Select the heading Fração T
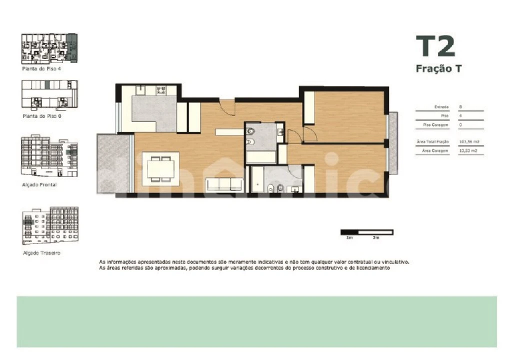pyautogui.click(x=438, y=68)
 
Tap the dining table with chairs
pyautogui.click(x=160, y=168)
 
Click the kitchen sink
pyautogui.click(x=140, y=90)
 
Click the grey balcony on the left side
pyautogui.click(x=115, y=163)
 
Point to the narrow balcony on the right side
pyautogui.click(x=392, y=143)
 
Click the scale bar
pyautogui.click(x=366, y=232)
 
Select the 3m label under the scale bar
pyautogui.click(x=375, y=238)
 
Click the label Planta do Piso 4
pyautogui.click(x=42, y=68)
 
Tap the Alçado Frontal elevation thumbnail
pyautogui.click(x=49, y=155)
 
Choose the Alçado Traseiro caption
pyautogui.click(x=41, y=253)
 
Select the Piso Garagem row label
pyautogui.click(x=435, y=125)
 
